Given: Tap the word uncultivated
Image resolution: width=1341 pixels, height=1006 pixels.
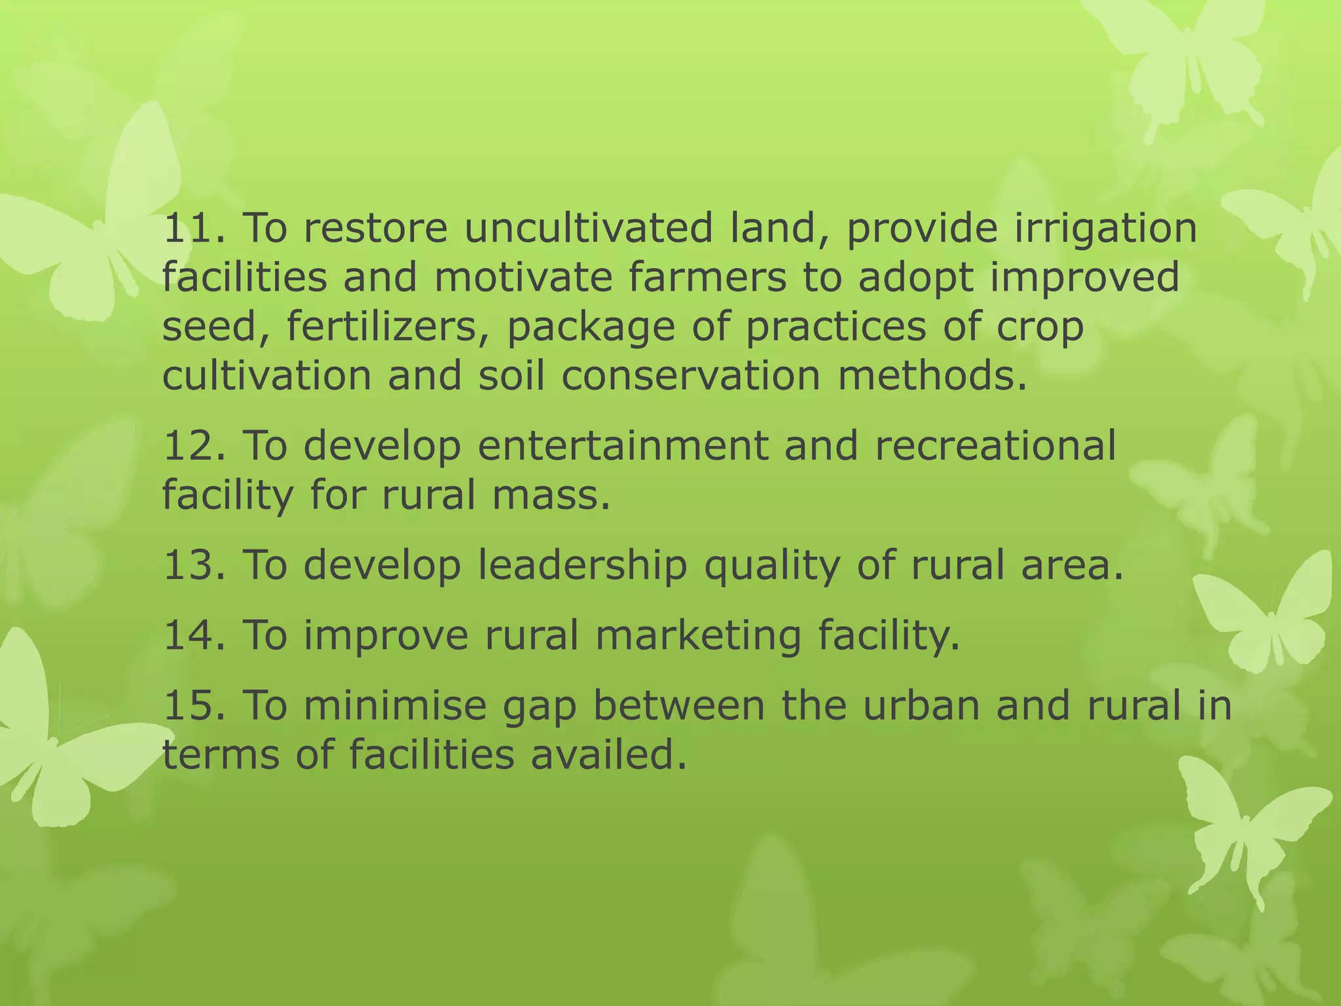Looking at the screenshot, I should pos(588,229).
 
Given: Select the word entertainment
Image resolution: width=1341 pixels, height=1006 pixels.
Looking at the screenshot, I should pos(623,446).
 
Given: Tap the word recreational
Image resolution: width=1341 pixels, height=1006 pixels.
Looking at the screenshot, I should pos(995,446).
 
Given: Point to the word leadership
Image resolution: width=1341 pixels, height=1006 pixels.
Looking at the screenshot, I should pos(582,565).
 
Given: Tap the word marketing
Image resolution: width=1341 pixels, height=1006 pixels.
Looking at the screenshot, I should pos(698,637).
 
